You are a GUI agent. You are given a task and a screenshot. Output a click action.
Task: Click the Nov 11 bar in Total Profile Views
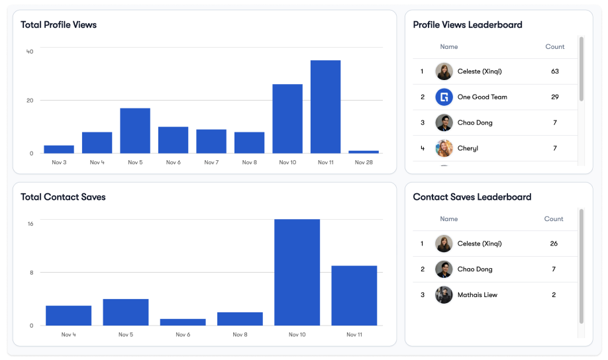coord(325,107)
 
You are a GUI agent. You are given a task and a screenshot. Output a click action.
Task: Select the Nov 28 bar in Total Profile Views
coord(364,152)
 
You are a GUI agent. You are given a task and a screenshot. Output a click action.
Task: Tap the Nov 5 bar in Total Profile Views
coord(135,130)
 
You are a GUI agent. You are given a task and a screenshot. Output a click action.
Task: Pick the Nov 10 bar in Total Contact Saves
coord(297,272)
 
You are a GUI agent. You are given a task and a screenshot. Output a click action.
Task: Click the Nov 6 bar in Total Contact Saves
coord(183,322)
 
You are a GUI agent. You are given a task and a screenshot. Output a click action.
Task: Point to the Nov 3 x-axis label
coord(59,162)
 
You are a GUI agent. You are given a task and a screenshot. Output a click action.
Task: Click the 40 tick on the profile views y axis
coord(30,52)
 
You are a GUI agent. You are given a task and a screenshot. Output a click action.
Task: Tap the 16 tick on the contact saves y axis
coord(30,224)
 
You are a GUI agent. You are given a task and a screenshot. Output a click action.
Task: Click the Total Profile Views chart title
coord(58,25)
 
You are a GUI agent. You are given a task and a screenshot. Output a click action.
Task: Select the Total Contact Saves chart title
coord(63,197)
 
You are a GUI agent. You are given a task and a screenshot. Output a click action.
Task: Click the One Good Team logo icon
coord(444,97)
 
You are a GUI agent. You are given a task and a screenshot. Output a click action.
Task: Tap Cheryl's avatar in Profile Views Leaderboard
coord(444,148)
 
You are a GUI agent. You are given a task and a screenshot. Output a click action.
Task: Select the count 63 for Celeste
coord(555,71)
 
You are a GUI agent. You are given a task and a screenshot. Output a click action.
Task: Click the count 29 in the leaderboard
coord(555,97)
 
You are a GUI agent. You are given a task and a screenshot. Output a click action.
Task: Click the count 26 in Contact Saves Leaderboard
coord(554,244)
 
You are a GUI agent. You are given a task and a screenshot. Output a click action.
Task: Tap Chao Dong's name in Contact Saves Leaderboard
coord(475,269)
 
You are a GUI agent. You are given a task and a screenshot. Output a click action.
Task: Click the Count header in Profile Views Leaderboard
coord(555,47)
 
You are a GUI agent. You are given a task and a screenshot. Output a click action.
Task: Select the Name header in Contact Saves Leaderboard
coord(449,219)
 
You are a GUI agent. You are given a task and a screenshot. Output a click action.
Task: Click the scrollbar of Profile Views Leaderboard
coord(582,69)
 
